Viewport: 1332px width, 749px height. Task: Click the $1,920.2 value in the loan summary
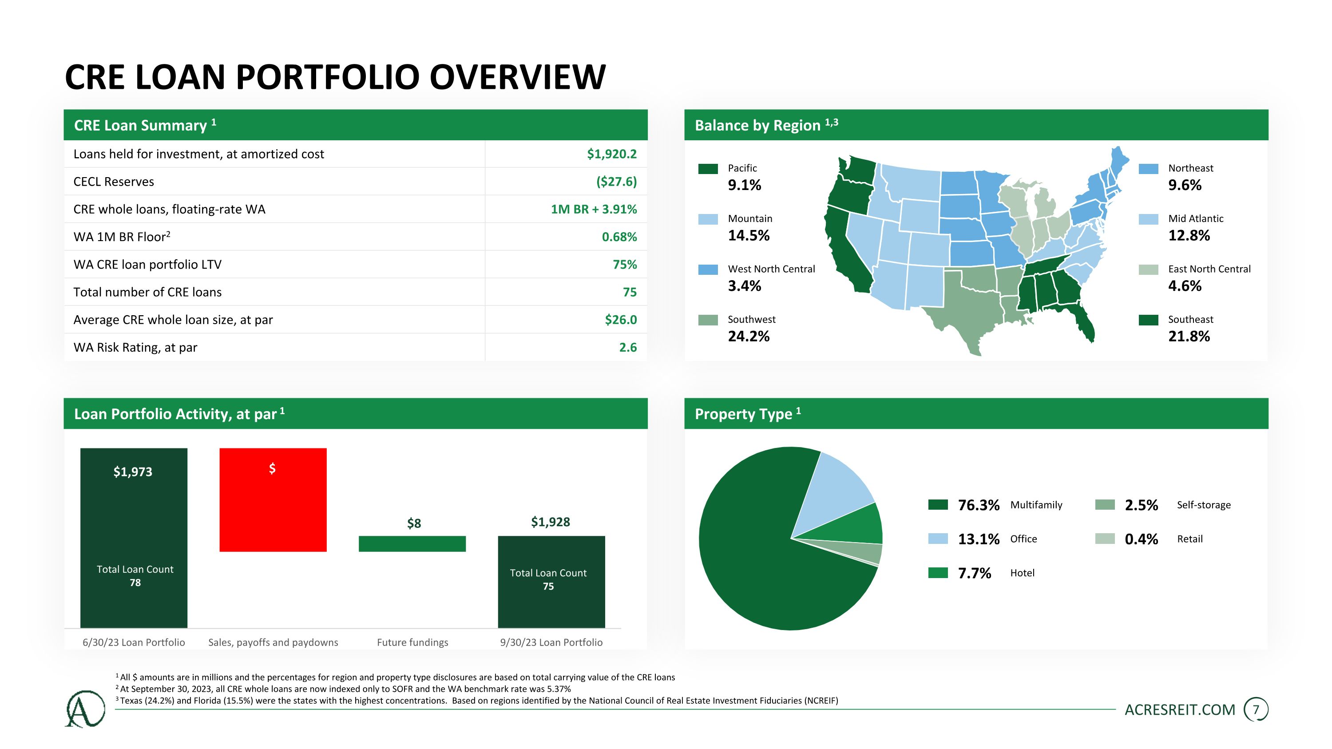coord(611,154)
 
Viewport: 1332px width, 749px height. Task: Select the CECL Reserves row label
coord(114,182)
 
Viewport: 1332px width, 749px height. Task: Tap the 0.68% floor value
coord(619,237)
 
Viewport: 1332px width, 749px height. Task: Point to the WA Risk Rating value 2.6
coord(628,347)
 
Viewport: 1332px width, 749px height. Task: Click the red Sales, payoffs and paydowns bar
coord(273,500)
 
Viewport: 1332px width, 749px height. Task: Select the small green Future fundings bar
coord(412,544)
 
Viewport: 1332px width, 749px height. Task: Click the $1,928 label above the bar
coord(550,522)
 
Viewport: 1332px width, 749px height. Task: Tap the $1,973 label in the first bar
coord(133,472)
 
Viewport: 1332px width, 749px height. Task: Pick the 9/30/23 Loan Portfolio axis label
coord(551,642)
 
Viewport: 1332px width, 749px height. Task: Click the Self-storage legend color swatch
coord(1105,504)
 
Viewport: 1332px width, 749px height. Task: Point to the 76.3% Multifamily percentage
coord(978,505)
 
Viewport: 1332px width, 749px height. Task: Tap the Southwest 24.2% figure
coord(748,337)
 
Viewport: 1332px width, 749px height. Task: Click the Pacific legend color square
coord(708,169)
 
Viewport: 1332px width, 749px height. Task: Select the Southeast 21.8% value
coord(1189,337)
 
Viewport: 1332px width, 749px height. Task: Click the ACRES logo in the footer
coord(85,709)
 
